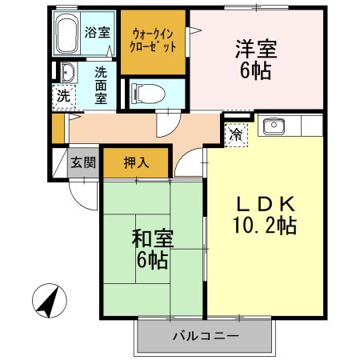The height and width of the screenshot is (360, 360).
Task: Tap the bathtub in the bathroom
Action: pyautogui.click(x=68, y=32)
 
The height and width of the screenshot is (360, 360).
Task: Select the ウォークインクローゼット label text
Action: pyautogui.click(x=154, y=39)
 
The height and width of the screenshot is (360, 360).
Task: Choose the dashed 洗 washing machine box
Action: pyautogui.click(x=62, y=95)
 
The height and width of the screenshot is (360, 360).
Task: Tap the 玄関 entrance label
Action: pyautogui.click(x=82, y=162)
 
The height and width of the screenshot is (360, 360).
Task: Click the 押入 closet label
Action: pyautogui.click(x=136, y=162)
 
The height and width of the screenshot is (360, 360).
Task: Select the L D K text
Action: pyautogui.click(x=263, y=202)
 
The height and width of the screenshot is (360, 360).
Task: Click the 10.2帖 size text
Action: pyautogui.click(x=264, y=226)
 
